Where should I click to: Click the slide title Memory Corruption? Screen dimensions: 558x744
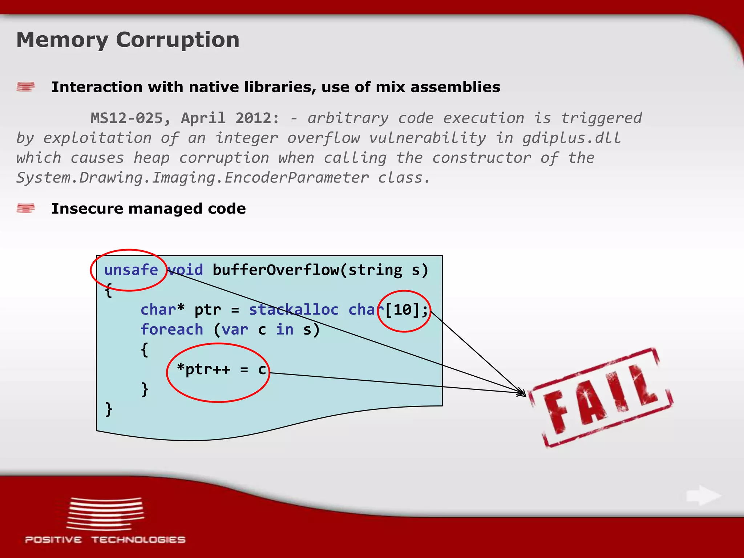128,40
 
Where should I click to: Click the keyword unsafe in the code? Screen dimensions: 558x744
131,270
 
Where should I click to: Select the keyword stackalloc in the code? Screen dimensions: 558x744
294,310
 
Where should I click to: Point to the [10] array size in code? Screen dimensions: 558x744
403,310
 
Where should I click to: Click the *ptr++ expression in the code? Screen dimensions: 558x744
203,369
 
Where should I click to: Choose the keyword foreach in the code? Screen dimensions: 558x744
171,329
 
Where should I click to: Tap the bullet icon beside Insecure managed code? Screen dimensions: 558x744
25,209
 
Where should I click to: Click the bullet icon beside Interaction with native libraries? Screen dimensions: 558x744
25,87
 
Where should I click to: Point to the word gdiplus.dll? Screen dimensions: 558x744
571,138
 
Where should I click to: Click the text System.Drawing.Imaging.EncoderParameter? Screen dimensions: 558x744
193,178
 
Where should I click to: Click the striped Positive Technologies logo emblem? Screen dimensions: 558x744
105,514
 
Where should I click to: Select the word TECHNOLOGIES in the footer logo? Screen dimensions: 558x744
138,540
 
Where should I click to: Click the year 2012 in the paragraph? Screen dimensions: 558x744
257,118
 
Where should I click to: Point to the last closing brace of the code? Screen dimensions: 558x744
108,409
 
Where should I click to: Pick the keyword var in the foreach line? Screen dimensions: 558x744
235,329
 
